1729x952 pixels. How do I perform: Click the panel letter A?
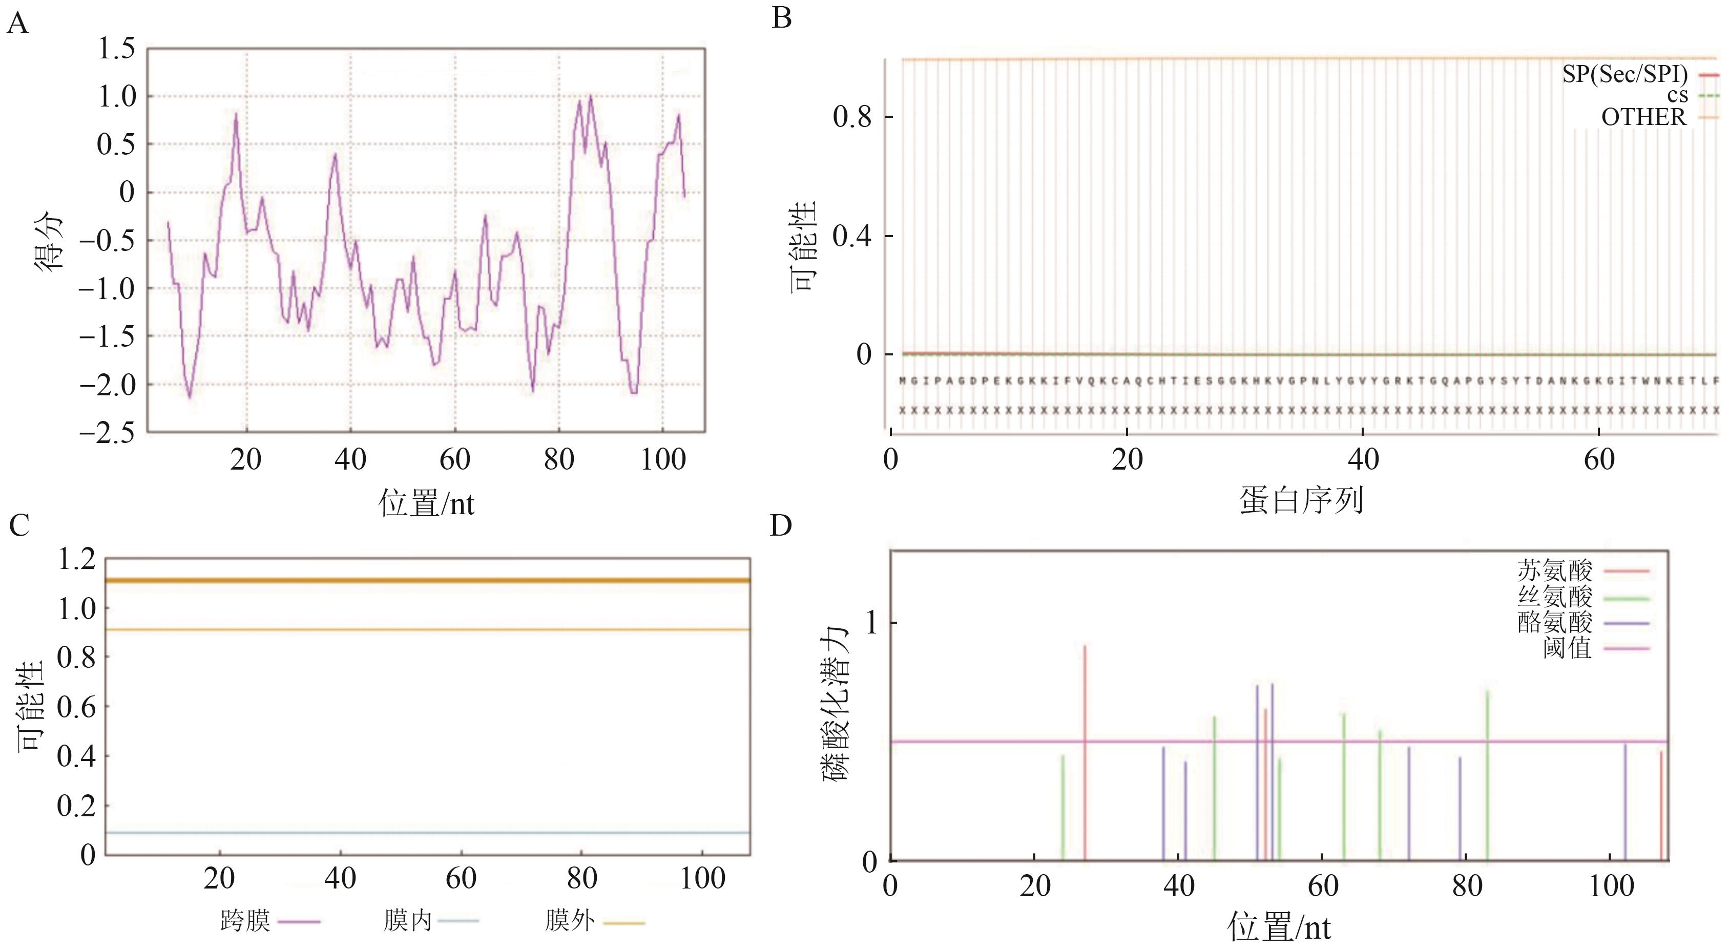tap(17, 25)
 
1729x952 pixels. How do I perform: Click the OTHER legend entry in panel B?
tap(1643, 117)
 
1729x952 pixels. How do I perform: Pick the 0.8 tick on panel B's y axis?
tap(852, 117)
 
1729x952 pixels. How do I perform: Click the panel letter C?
tap(19, 526)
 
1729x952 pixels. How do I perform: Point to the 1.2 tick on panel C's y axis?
tap(77, 559)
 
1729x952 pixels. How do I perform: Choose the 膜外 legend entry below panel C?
tap(570, 921)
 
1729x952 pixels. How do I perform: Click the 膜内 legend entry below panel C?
tap(407, 921)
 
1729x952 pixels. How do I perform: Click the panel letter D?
tap(781, 526)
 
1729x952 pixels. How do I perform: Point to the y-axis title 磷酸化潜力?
tap(836, 705)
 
